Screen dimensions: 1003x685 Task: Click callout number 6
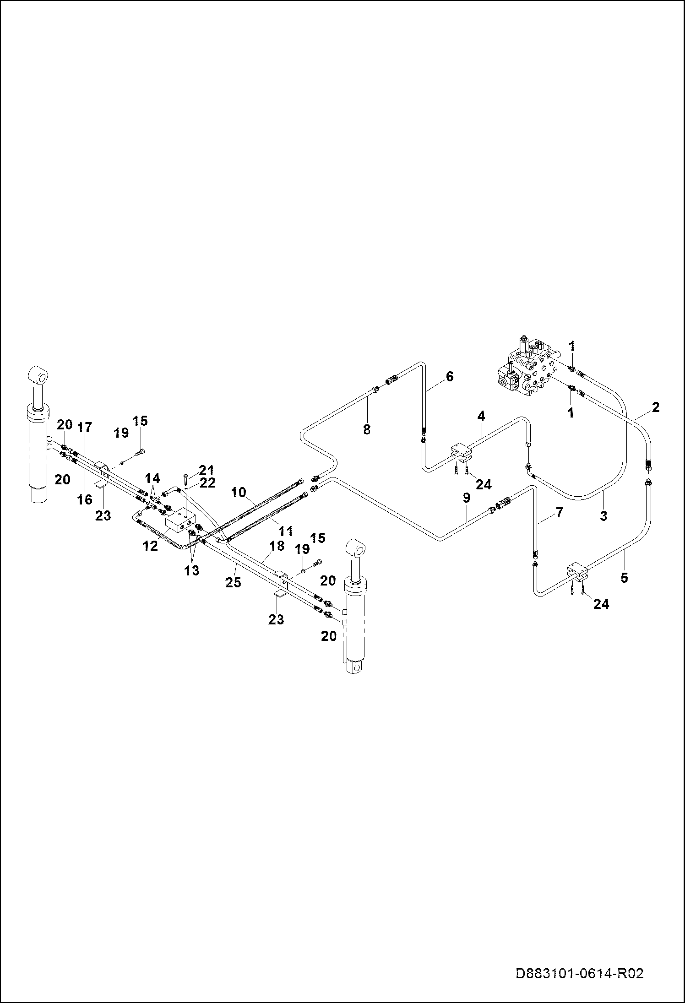click(449, 377)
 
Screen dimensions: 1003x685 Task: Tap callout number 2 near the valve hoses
click(655, 407)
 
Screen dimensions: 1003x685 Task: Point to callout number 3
click(603, 515)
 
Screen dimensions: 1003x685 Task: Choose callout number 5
click(624, 578)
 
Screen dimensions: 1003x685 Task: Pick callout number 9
click(466, 498)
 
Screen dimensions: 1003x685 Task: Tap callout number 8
click(366, 429)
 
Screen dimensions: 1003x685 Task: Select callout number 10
click(239, 493)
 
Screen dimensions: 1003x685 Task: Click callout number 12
click(150, 546)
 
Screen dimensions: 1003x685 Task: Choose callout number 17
click(85, 428)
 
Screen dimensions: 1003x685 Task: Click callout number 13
click(192, 570)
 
